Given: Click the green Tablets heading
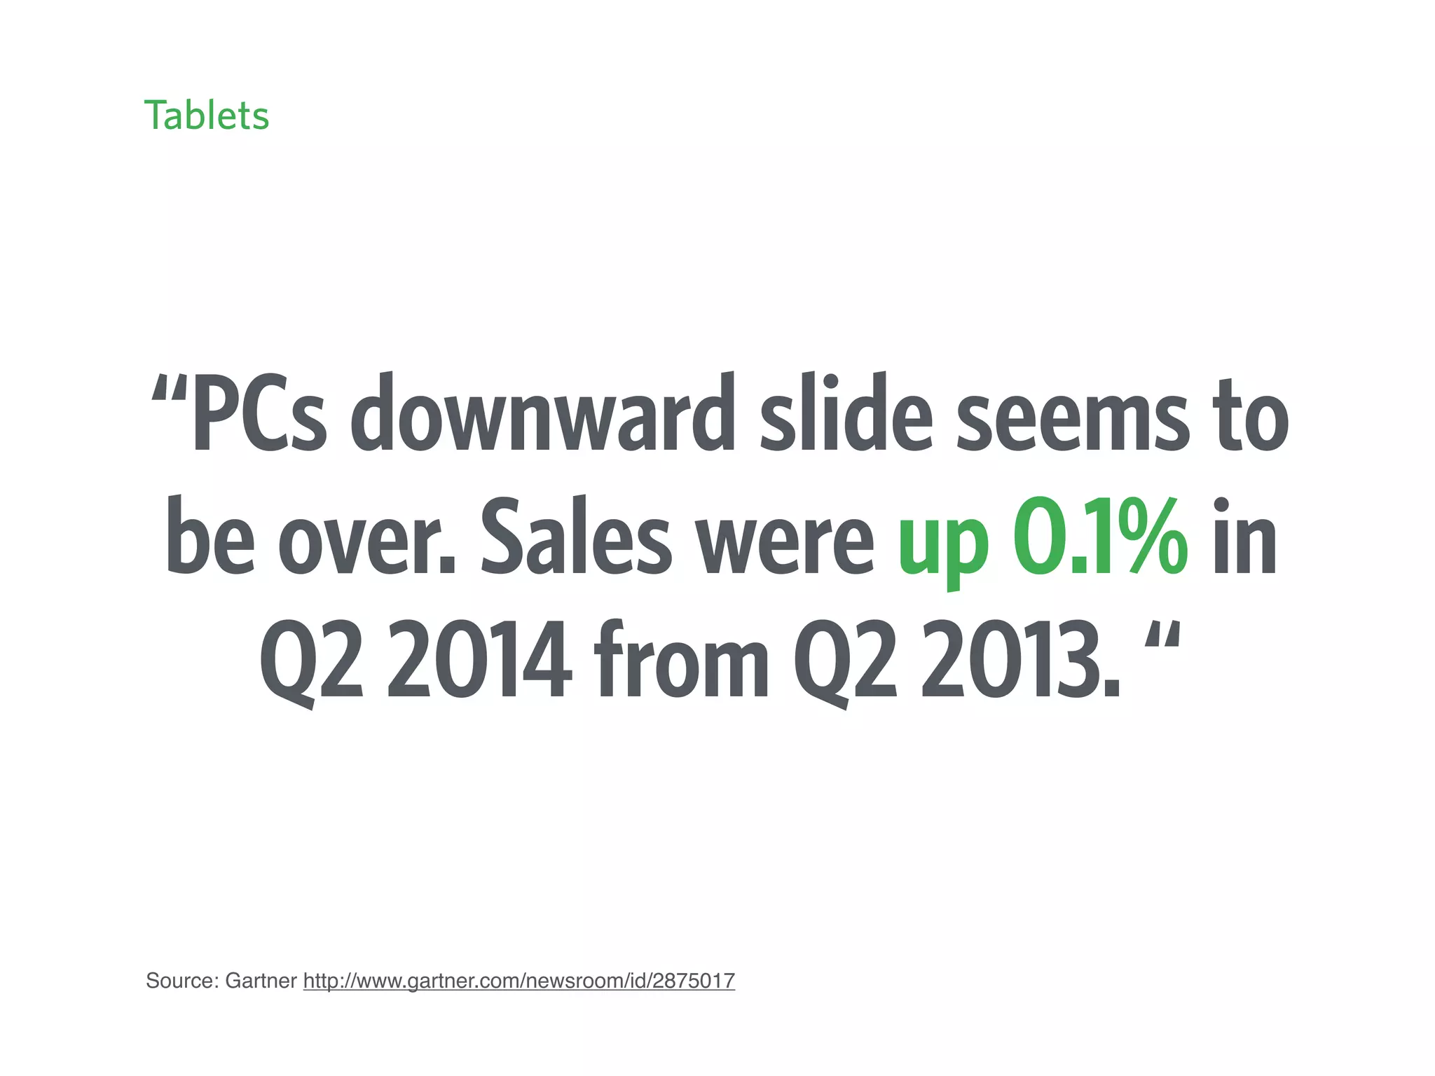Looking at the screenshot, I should pos(207,116).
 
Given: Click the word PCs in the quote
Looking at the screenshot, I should pos(259,415).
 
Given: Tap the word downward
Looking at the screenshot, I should pos(542,415).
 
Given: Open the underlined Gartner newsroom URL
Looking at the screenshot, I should pos(519,981).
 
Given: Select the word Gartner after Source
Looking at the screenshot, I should pos(261,981).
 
